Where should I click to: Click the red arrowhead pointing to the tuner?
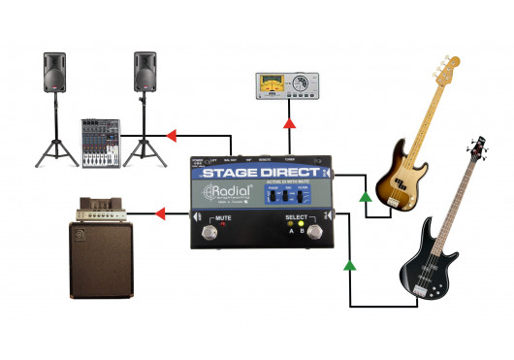(289, 123)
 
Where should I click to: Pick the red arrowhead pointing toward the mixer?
(172, 135)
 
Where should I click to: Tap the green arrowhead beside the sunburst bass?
(364, 198)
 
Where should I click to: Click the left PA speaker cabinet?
(54, 73)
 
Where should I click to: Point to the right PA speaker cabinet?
(145, 73)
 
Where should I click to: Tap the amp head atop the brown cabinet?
(101, 208)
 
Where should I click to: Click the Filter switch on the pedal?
(302, 196)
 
